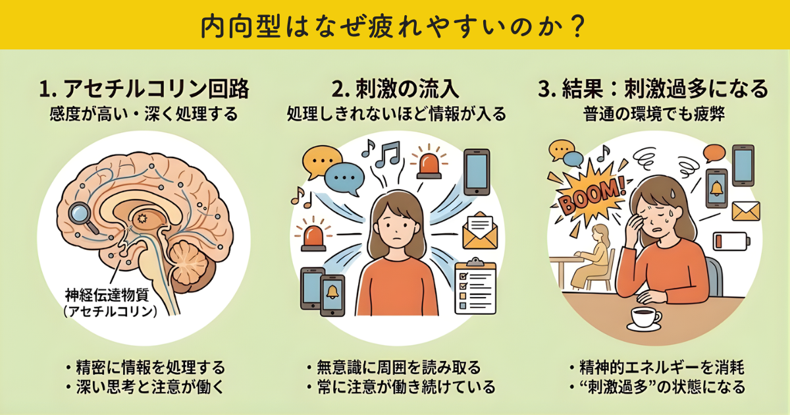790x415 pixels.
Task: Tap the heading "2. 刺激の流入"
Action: [x=396, y=88]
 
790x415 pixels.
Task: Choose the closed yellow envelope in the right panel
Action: [x=745, y=211]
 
